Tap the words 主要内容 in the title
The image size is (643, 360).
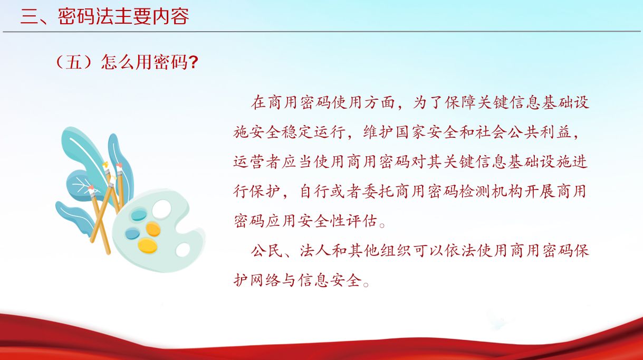pos(151,16)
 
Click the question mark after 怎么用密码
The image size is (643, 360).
pos(194,62)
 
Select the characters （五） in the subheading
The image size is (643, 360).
pos(74,62)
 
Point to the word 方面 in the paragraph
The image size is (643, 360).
pos(380,102)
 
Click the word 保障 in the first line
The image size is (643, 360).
pos(460,102)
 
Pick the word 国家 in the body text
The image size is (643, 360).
pos(412,132)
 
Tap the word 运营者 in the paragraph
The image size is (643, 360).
pos(257,162)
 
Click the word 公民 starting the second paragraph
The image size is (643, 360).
pos(267,251)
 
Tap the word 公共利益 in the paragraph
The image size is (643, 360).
pos(540,132)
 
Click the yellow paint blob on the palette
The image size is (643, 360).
pos(147,245)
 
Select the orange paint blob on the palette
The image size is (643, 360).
pos(153,229)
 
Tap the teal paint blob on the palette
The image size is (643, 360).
pos(139,215)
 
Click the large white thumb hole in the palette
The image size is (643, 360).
pos(161,209)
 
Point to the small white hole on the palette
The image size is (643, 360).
pos(183,250)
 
